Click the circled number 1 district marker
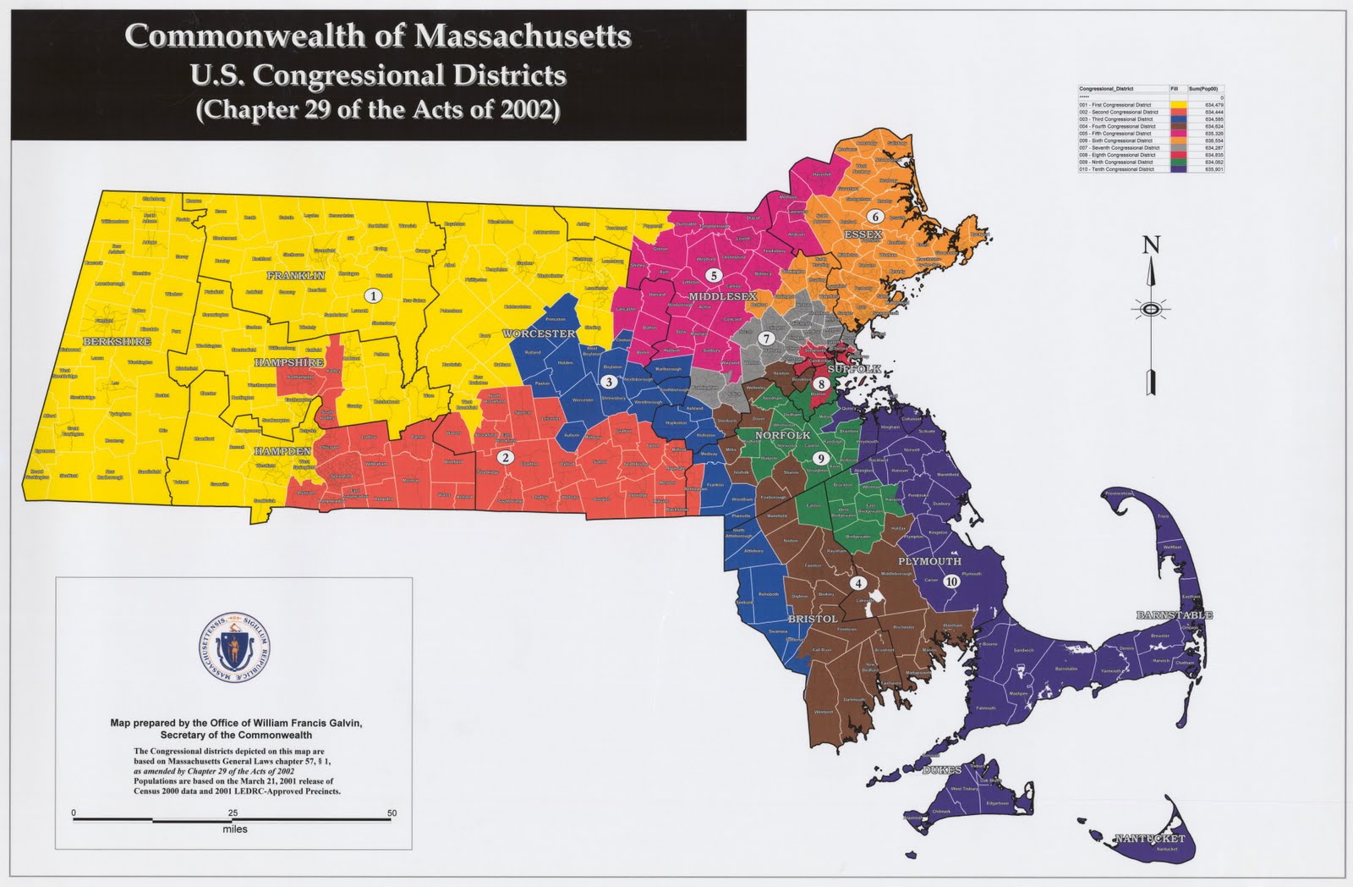(x=371, y=296)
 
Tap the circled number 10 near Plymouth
(x=951, y=581)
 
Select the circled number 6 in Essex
(x=875, y=217)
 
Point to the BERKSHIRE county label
(x=117, y=342)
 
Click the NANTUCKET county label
(x=1149, y=839)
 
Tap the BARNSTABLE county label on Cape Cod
(x=1175, y=615)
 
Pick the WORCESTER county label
(x=539, y=333)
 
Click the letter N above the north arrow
(x=1151, y=246)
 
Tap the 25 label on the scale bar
(x=233, y=813)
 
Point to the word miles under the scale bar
(x=235, y=829)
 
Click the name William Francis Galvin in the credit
(x=288, y=723)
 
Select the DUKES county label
(x=941, y=770)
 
